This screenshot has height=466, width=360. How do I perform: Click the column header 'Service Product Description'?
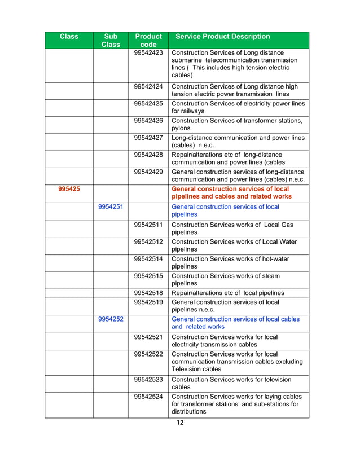(x=223, y=37)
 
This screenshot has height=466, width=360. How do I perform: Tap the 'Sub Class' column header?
(x=110, y=40)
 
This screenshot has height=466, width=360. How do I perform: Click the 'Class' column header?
(x=69, y=37)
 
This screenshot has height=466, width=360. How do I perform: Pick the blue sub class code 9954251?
(x=111, y=206)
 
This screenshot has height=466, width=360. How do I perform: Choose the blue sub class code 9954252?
(x=111, y=319)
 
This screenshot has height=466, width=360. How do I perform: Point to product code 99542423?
(x=148, y=53)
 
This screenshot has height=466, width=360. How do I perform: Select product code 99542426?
(x=148, y=121)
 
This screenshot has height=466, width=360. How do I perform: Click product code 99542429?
(x=148, y=172)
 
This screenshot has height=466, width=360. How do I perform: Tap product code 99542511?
(x=148, y=225)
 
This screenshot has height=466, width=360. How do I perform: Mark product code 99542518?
(x=148, y=293)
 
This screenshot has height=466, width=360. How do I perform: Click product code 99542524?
(x=148, y=397)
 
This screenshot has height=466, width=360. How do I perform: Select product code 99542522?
(x=148, y=354)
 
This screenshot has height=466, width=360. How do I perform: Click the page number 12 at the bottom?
(x=180, y=423)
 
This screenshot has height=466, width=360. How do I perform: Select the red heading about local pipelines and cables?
(x=231, y=192)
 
